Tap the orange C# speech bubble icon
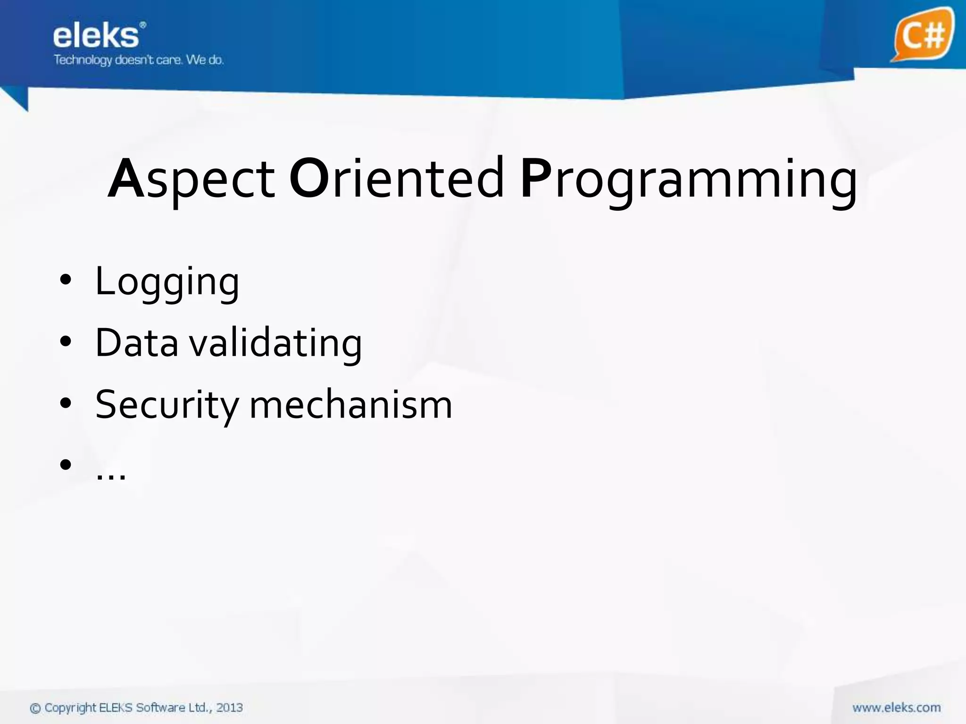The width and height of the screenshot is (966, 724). point(922,34)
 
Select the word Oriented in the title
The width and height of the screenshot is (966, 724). point(397,179)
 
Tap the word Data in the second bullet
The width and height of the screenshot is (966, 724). point(137,343)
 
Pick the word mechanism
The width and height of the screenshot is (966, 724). point(350,404)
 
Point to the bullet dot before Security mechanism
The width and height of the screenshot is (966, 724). point(66,403)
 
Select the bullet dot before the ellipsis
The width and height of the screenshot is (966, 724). point(66,465)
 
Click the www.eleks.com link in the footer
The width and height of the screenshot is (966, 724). point(896,708)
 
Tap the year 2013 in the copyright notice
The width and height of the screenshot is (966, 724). point(229,708)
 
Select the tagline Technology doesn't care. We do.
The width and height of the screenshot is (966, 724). point(138,60)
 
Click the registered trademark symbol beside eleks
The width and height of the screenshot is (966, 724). point(143,25)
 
